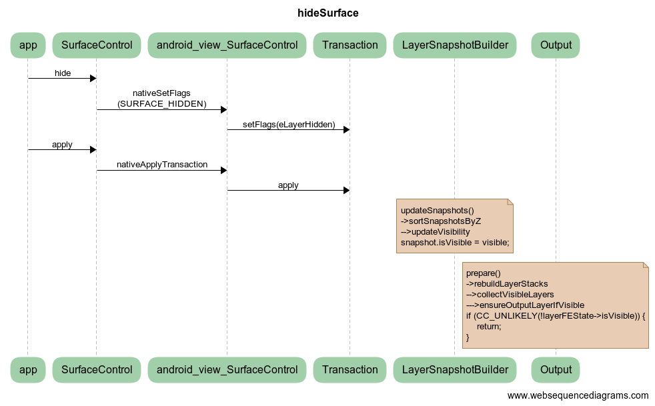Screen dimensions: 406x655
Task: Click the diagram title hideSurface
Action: pyautogui.click(x=327, y=13)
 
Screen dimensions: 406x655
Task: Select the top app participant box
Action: pyautogui.click(x=28, y=45)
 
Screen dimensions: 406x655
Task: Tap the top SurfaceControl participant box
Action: pyautogui.click(x=97, y=45)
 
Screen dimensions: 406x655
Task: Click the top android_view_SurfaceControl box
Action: pyautogui.click(x=227, y=45)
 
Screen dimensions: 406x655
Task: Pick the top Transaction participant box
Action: pyautogui.click(x=350, y=45)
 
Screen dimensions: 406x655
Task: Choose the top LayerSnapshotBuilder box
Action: pyautogui.click(x=454, y=45)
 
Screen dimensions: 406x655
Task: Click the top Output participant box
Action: pyautogui.click(x=556, y=45)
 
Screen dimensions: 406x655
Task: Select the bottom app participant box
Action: pyautogui.click(x=28, y=369)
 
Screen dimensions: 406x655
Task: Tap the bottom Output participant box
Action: pyautogui.click(x=556, y=369)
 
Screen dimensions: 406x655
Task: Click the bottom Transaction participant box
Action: pyautogui.click(x=350, y=369)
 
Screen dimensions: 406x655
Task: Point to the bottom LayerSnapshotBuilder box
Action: pyautogui.click(x=454, y=369)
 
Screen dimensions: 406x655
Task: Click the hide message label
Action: pyautogui.click(x=63, y=73)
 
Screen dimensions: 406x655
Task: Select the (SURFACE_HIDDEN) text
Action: pyautogui.click(x=162, y=104)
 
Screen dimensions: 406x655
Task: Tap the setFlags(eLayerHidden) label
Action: pyautogui.click(x=289, y=125)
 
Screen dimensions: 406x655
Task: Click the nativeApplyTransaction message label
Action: pyautogui.click(x=162, y=165)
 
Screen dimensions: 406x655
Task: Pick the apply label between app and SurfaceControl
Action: pyautogui.click(x=62, y=145)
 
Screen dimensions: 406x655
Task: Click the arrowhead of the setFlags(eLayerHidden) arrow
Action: pyautogui.click(x=346, y=129)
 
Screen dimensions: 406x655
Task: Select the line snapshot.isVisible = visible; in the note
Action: pyautogui.click(x=455, y=242)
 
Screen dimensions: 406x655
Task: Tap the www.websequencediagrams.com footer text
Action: pyautogui.click(x=578, y=395)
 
